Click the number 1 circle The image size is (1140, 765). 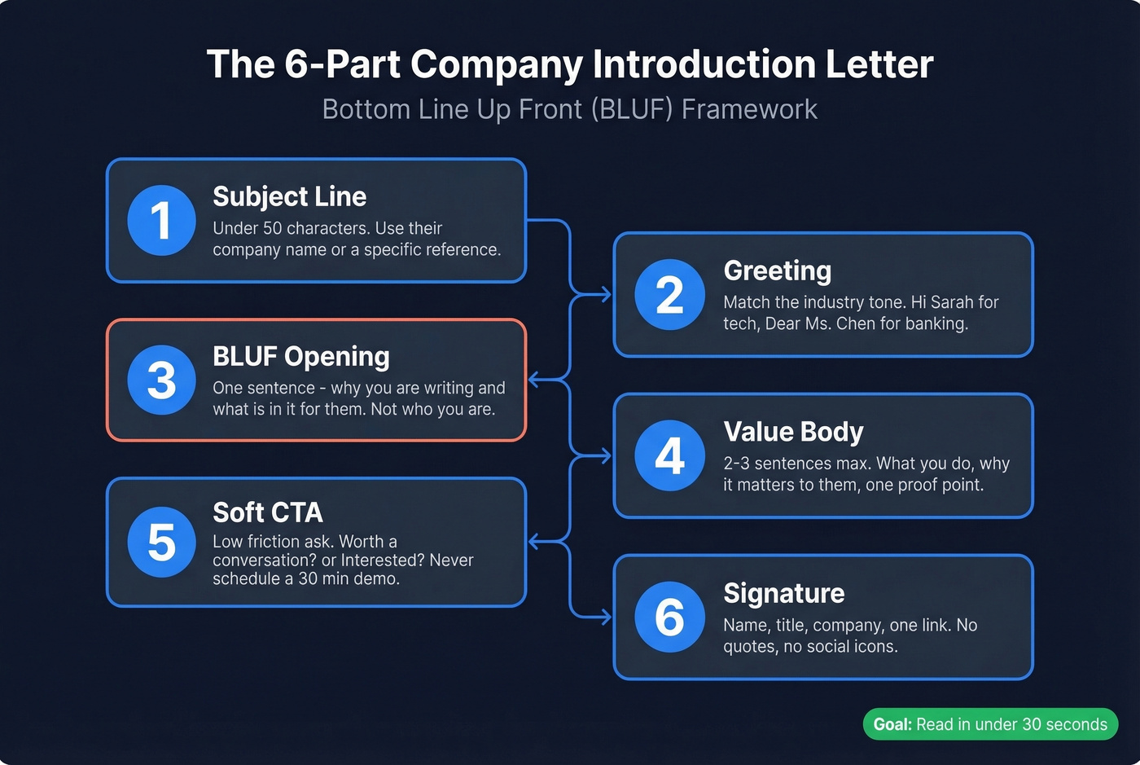pyautogui.click(x=161, y=221)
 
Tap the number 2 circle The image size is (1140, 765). pyautogui.click(x=669, y=295)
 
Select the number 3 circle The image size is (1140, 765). pyautogui.click(x=161, y=380)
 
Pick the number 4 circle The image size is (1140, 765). pyautogui.click(x=669, y=455)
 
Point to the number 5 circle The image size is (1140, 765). pyautogui.click(x=161, y=542)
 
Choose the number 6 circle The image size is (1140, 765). pyautogui.click(x=669, y=617)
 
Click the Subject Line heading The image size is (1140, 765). pyautogui.click(x=289, y=196)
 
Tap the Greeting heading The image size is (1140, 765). pyautogui.click(x=777, y=270)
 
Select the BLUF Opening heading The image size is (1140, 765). pyautogui.click(x=300, y=356)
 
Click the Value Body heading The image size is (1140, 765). pyautogui.click(x=793, y=432)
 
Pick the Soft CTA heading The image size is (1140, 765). pyautogui.click(x=267, y=512)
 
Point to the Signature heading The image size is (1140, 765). pyautogui.click(x=783, y=593)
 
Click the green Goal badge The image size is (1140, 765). pyautogui.click(x=990, y=724)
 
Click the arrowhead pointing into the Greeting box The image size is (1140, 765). pyautogui.click(x=606, y=295)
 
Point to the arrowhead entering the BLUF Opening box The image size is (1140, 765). pyautogui.click(x=534, y=380)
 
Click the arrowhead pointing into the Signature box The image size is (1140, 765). pyautogui.click(x=606, y=618)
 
